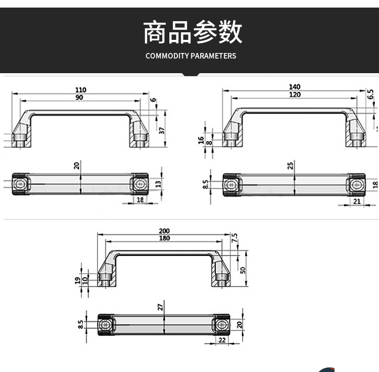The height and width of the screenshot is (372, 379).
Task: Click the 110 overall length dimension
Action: (81, 90)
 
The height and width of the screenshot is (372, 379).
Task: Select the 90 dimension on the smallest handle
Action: (80, 97)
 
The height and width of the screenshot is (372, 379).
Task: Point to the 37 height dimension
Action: (162, 130)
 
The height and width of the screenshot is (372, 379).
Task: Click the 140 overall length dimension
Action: (295, 87)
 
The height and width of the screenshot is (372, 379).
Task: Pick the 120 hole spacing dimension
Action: (295, 94)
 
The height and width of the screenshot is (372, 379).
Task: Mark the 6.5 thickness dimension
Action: (370, 94)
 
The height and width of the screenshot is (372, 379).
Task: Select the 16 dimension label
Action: (201, 140)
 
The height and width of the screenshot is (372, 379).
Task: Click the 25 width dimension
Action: (291, 166)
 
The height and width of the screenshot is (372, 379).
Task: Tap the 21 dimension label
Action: (356, 202)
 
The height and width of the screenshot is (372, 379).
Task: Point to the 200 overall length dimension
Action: (164, 231)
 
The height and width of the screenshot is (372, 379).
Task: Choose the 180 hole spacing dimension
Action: (164, 238)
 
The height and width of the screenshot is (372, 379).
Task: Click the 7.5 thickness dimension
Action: (234, 238)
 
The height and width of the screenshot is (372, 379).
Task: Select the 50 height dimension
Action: (243, 270)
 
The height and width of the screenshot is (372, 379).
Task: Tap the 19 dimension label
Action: (77, 280)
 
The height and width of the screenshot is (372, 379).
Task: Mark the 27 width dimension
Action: (160, 307)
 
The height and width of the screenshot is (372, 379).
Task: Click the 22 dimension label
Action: (222, 341)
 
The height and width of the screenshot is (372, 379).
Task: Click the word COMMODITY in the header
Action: (167, 56)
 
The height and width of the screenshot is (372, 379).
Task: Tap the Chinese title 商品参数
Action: (193, 32)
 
